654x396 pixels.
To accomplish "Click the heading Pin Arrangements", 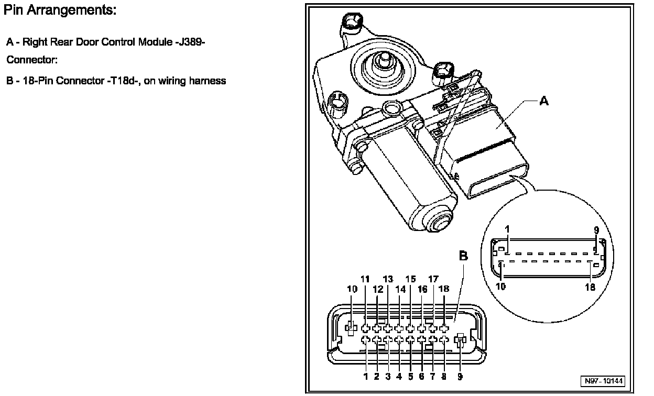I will point(60,10).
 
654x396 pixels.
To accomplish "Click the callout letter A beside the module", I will point(544,102).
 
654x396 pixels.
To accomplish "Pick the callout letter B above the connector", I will point(464,256).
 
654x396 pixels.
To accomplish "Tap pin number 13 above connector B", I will point(388,280).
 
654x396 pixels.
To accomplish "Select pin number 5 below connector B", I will point(410,376).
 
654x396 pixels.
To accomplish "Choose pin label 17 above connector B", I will point(433,280).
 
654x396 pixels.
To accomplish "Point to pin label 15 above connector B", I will point(410,280).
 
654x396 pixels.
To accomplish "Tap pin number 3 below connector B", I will point(388,376).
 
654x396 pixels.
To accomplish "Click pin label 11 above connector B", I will point(365,280).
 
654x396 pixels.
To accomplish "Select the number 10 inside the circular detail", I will point(501,287).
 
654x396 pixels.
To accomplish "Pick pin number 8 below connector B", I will point(444,376).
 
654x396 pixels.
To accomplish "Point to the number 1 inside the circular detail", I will point(507,230).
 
